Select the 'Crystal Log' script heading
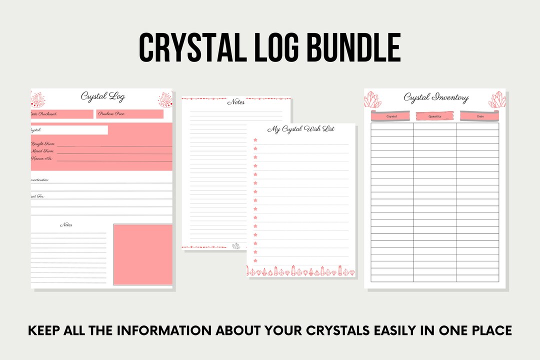102,96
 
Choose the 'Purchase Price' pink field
130,114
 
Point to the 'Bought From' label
43,144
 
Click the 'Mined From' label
43,151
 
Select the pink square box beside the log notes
142,254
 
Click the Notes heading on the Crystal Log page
66,225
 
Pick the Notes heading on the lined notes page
236,102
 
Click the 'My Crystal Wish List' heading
301,129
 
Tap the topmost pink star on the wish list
255,140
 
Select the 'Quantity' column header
435,116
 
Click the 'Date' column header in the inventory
480,116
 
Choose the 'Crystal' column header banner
391,116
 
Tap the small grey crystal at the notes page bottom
236,245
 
